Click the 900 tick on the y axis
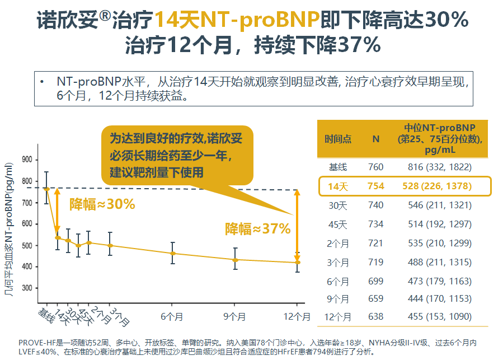tap(26, 160)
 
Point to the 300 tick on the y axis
tap(26, 288)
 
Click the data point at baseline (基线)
tap(46, 189)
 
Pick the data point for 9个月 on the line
tap(236, 260)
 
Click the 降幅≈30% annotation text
tap(102, 204)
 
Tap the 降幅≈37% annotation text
tap(257, 228)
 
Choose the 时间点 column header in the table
tap(338, 139)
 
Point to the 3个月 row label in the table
tap(338, 262)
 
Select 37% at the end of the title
tap(359, 44)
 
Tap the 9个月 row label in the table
tap(338, 299)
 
